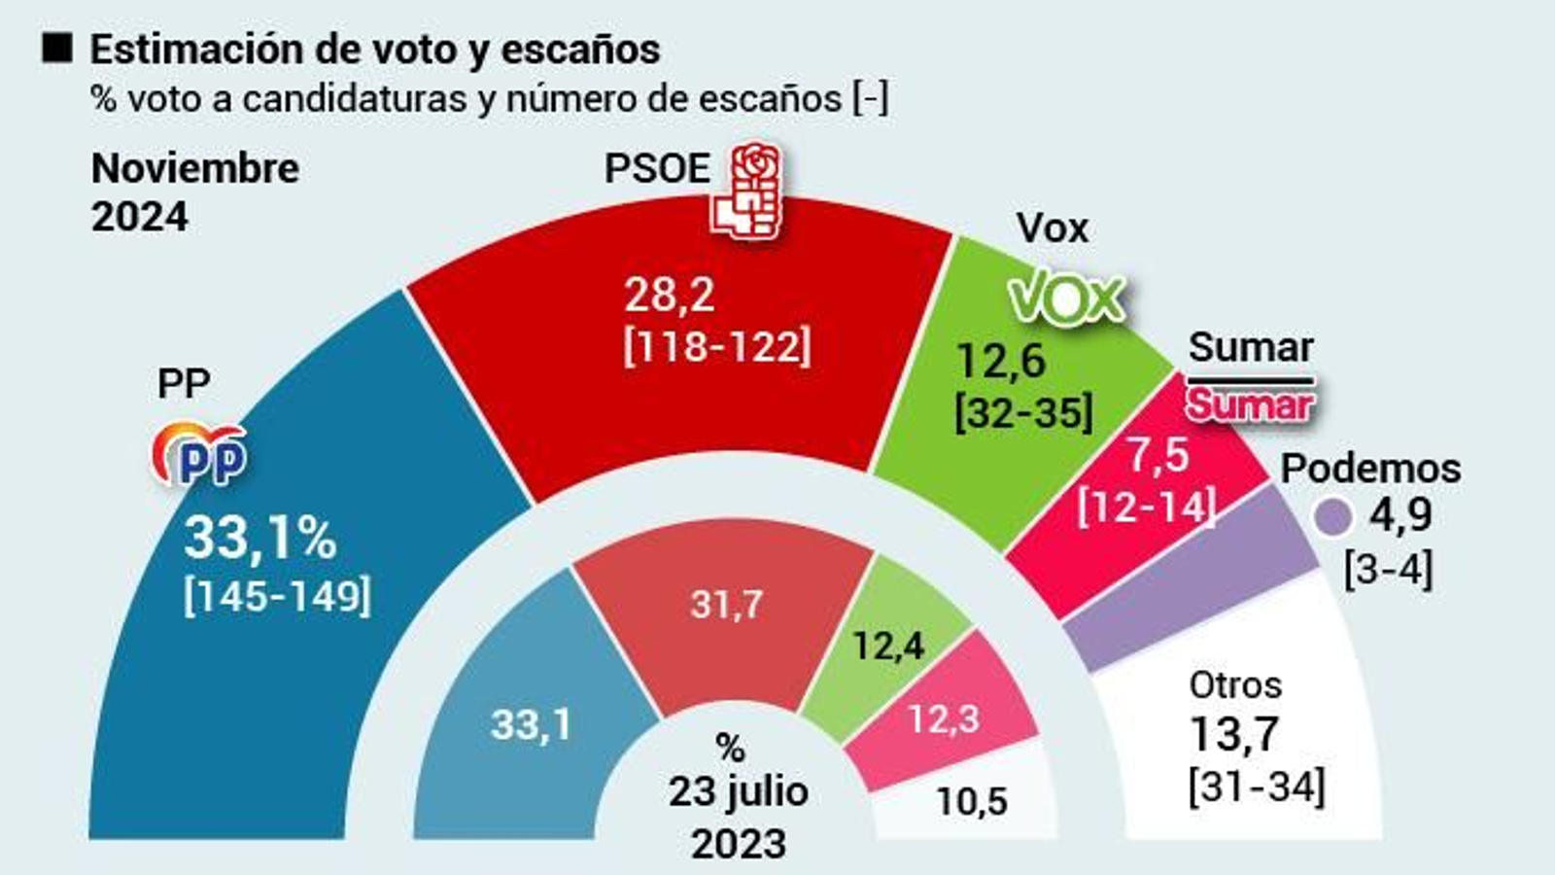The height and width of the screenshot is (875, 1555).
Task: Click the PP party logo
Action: [199, 454]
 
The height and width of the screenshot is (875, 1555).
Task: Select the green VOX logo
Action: [1066, 298]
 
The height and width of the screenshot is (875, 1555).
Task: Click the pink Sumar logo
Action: [1249, 403]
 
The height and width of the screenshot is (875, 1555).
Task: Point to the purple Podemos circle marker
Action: [1332, 517]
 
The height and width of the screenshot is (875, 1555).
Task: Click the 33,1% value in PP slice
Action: [259, 538]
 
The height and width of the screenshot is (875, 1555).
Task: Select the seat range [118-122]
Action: [717, 346]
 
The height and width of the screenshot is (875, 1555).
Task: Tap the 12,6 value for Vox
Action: [1001, 361]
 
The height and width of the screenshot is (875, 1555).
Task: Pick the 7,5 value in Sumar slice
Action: [1157, 455]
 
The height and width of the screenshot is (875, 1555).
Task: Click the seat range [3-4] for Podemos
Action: [1388, 569]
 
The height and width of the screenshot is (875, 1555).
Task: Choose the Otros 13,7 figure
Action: [1234, 734]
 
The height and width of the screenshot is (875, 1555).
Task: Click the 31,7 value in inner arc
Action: [726, 605]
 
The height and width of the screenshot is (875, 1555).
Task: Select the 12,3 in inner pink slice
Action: [943, 719]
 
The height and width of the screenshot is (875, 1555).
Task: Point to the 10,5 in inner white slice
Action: [972, 801]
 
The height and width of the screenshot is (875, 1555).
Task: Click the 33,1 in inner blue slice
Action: [531, 724]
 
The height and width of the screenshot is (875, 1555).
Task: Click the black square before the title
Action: [57, 48]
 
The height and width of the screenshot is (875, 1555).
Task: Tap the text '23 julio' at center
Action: [738, 791]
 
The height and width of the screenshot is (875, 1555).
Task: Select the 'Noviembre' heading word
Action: [195, 168]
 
